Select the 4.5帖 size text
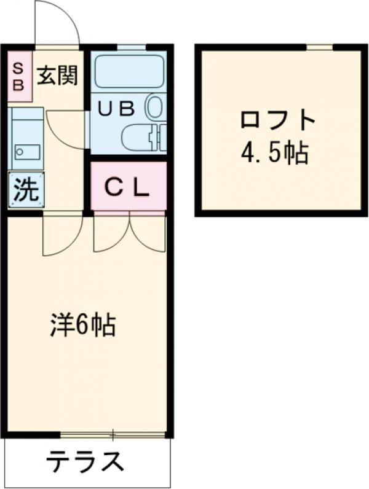[x=274, y=154]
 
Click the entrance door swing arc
[x=57, y=25]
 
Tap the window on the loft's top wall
[x=320, y=47]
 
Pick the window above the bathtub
[x=131, y=47]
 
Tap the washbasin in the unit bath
[x=154, y=106]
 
